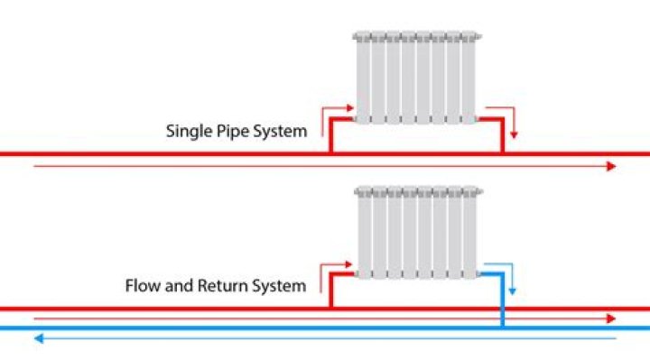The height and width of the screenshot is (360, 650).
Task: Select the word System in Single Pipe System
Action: (280, 132)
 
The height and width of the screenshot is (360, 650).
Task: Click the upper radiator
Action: (416, 78)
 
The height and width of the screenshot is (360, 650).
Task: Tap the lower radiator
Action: (418, 233)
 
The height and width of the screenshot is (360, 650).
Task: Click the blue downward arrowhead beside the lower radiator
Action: (513, 291)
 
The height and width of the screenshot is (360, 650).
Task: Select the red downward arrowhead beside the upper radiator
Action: (514, 135)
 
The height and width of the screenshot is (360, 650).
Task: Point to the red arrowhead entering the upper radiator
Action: (350, 108)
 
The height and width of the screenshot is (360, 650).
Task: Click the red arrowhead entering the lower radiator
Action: (348, 264)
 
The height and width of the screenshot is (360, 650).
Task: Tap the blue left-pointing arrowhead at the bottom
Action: (39, 339)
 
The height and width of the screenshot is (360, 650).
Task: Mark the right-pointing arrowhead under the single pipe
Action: (611, 167)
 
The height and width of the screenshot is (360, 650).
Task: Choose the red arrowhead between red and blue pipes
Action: (611, 318)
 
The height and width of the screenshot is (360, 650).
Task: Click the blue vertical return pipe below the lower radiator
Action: (503, 300)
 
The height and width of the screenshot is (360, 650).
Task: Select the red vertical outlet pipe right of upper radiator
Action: (503, 136)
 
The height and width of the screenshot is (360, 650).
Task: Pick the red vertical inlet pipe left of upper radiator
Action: (330, 136)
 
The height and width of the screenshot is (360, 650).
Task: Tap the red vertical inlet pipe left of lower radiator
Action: (330, 291)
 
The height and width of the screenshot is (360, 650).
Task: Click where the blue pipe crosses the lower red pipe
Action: (503, 309)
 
